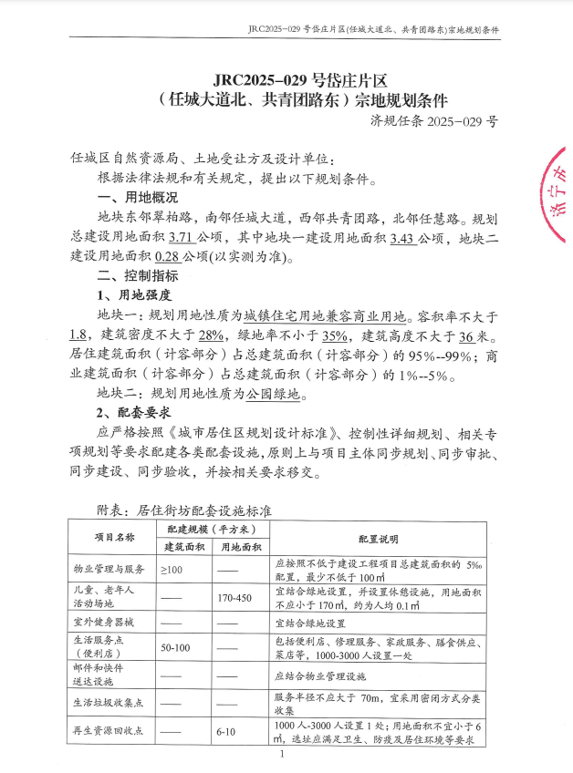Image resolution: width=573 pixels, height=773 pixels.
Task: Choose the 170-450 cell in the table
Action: (234, 598)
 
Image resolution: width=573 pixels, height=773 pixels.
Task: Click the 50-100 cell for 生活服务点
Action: (174, 647)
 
